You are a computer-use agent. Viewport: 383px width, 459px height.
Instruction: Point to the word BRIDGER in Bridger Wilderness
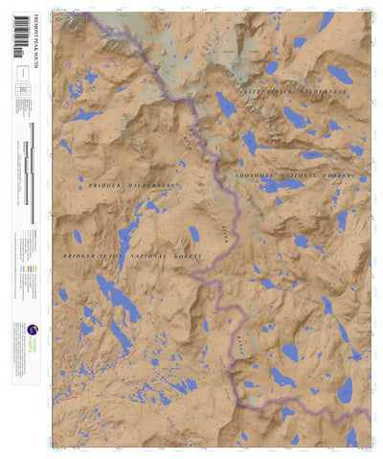(x=104, y=184)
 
